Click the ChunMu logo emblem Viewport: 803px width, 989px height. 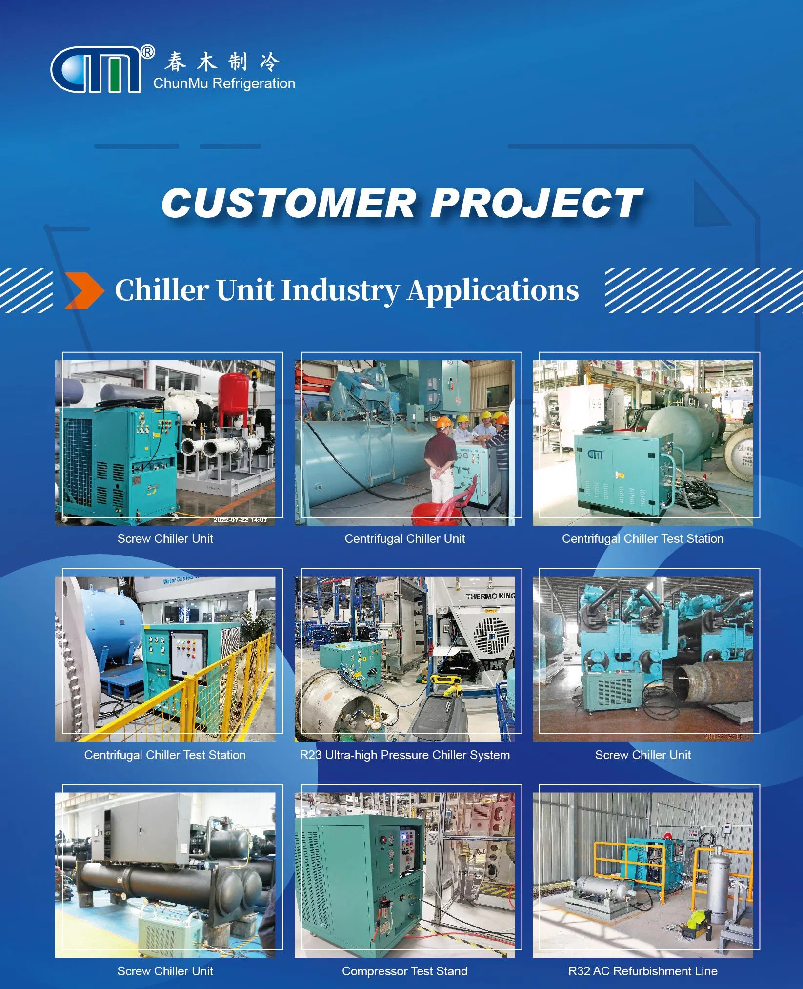click(x=96, y=70)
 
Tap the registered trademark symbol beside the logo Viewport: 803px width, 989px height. click(x=147, y=51)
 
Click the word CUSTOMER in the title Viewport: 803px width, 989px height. click(x=288, y=203)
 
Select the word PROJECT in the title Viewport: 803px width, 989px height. click(x=536, y=203)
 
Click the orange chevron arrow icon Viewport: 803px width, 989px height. click(x=84, y=291)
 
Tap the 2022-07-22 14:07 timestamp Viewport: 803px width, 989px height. click(x=240, y=520)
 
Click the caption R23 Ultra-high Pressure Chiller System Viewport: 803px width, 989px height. click(x=404, y=755)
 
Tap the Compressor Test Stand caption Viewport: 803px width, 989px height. click(x=404, y=971)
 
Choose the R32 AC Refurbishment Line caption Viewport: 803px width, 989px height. click(x=642, y=971)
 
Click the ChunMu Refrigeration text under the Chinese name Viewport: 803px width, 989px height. click(x=224, y=83)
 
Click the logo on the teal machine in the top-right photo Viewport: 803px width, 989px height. click(x=595, y=454)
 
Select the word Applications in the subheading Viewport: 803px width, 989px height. click(x=493, y=290)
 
